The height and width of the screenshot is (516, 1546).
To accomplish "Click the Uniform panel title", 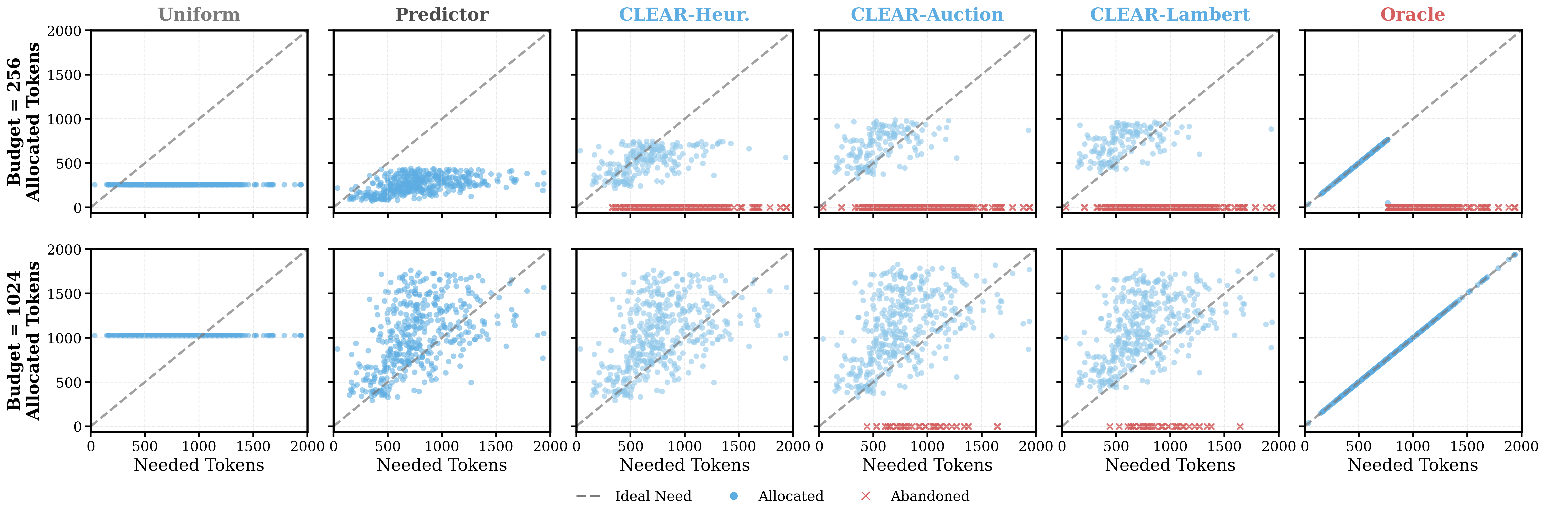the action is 199,14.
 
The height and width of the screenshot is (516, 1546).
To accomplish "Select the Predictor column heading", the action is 442,14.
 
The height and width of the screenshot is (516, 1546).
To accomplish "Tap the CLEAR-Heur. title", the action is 684,14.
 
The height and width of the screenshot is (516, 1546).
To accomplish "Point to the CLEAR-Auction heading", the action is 927,14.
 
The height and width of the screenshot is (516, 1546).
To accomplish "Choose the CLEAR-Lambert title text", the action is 1170,14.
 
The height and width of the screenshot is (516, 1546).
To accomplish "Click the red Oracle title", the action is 1413,14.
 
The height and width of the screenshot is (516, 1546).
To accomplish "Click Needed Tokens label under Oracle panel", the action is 1413,465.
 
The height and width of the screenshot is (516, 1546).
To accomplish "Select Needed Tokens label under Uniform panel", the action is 199,465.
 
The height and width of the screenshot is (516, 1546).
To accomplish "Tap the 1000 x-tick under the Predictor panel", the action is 442,446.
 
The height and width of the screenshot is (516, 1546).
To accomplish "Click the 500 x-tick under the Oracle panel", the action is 1359,446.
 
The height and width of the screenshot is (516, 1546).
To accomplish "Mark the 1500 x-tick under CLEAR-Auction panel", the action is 981,446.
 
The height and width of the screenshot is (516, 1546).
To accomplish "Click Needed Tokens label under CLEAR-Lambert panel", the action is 1170,465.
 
